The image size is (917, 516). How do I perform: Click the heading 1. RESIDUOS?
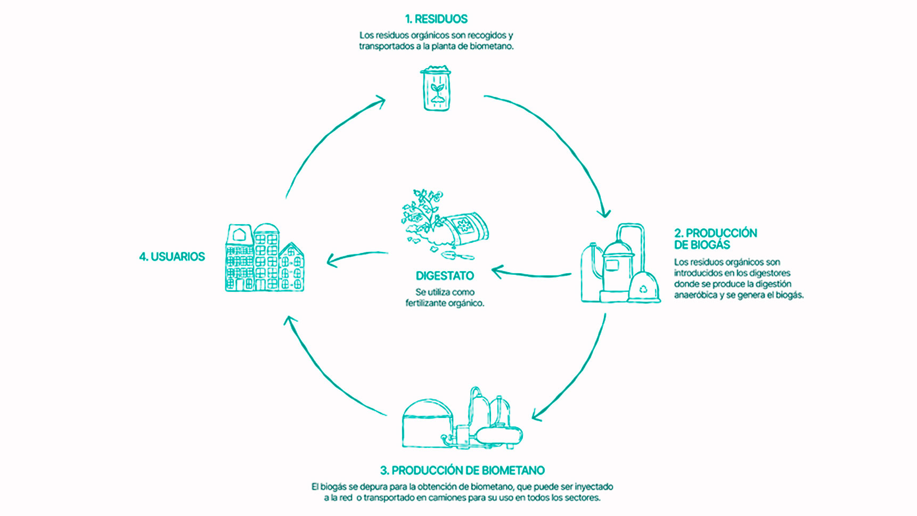[436, 19]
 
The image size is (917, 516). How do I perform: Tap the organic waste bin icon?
[436, 88]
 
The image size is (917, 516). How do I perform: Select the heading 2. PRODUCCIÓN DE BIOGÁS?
[715, 239]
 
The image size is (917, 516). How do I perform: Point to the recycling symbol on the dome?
[643, 290]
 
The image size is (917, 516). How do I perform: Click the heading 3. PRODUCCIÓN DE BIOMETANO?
[462, 471]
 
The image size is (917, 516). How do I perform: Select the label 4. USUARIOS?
[172, 257]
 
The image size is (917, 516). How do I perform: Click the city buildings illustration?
[265, 257]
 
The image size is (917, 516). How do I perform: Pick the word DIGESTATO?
[445, 276]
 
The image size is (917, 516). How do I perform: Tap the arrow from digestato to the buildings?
[357, 257]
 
